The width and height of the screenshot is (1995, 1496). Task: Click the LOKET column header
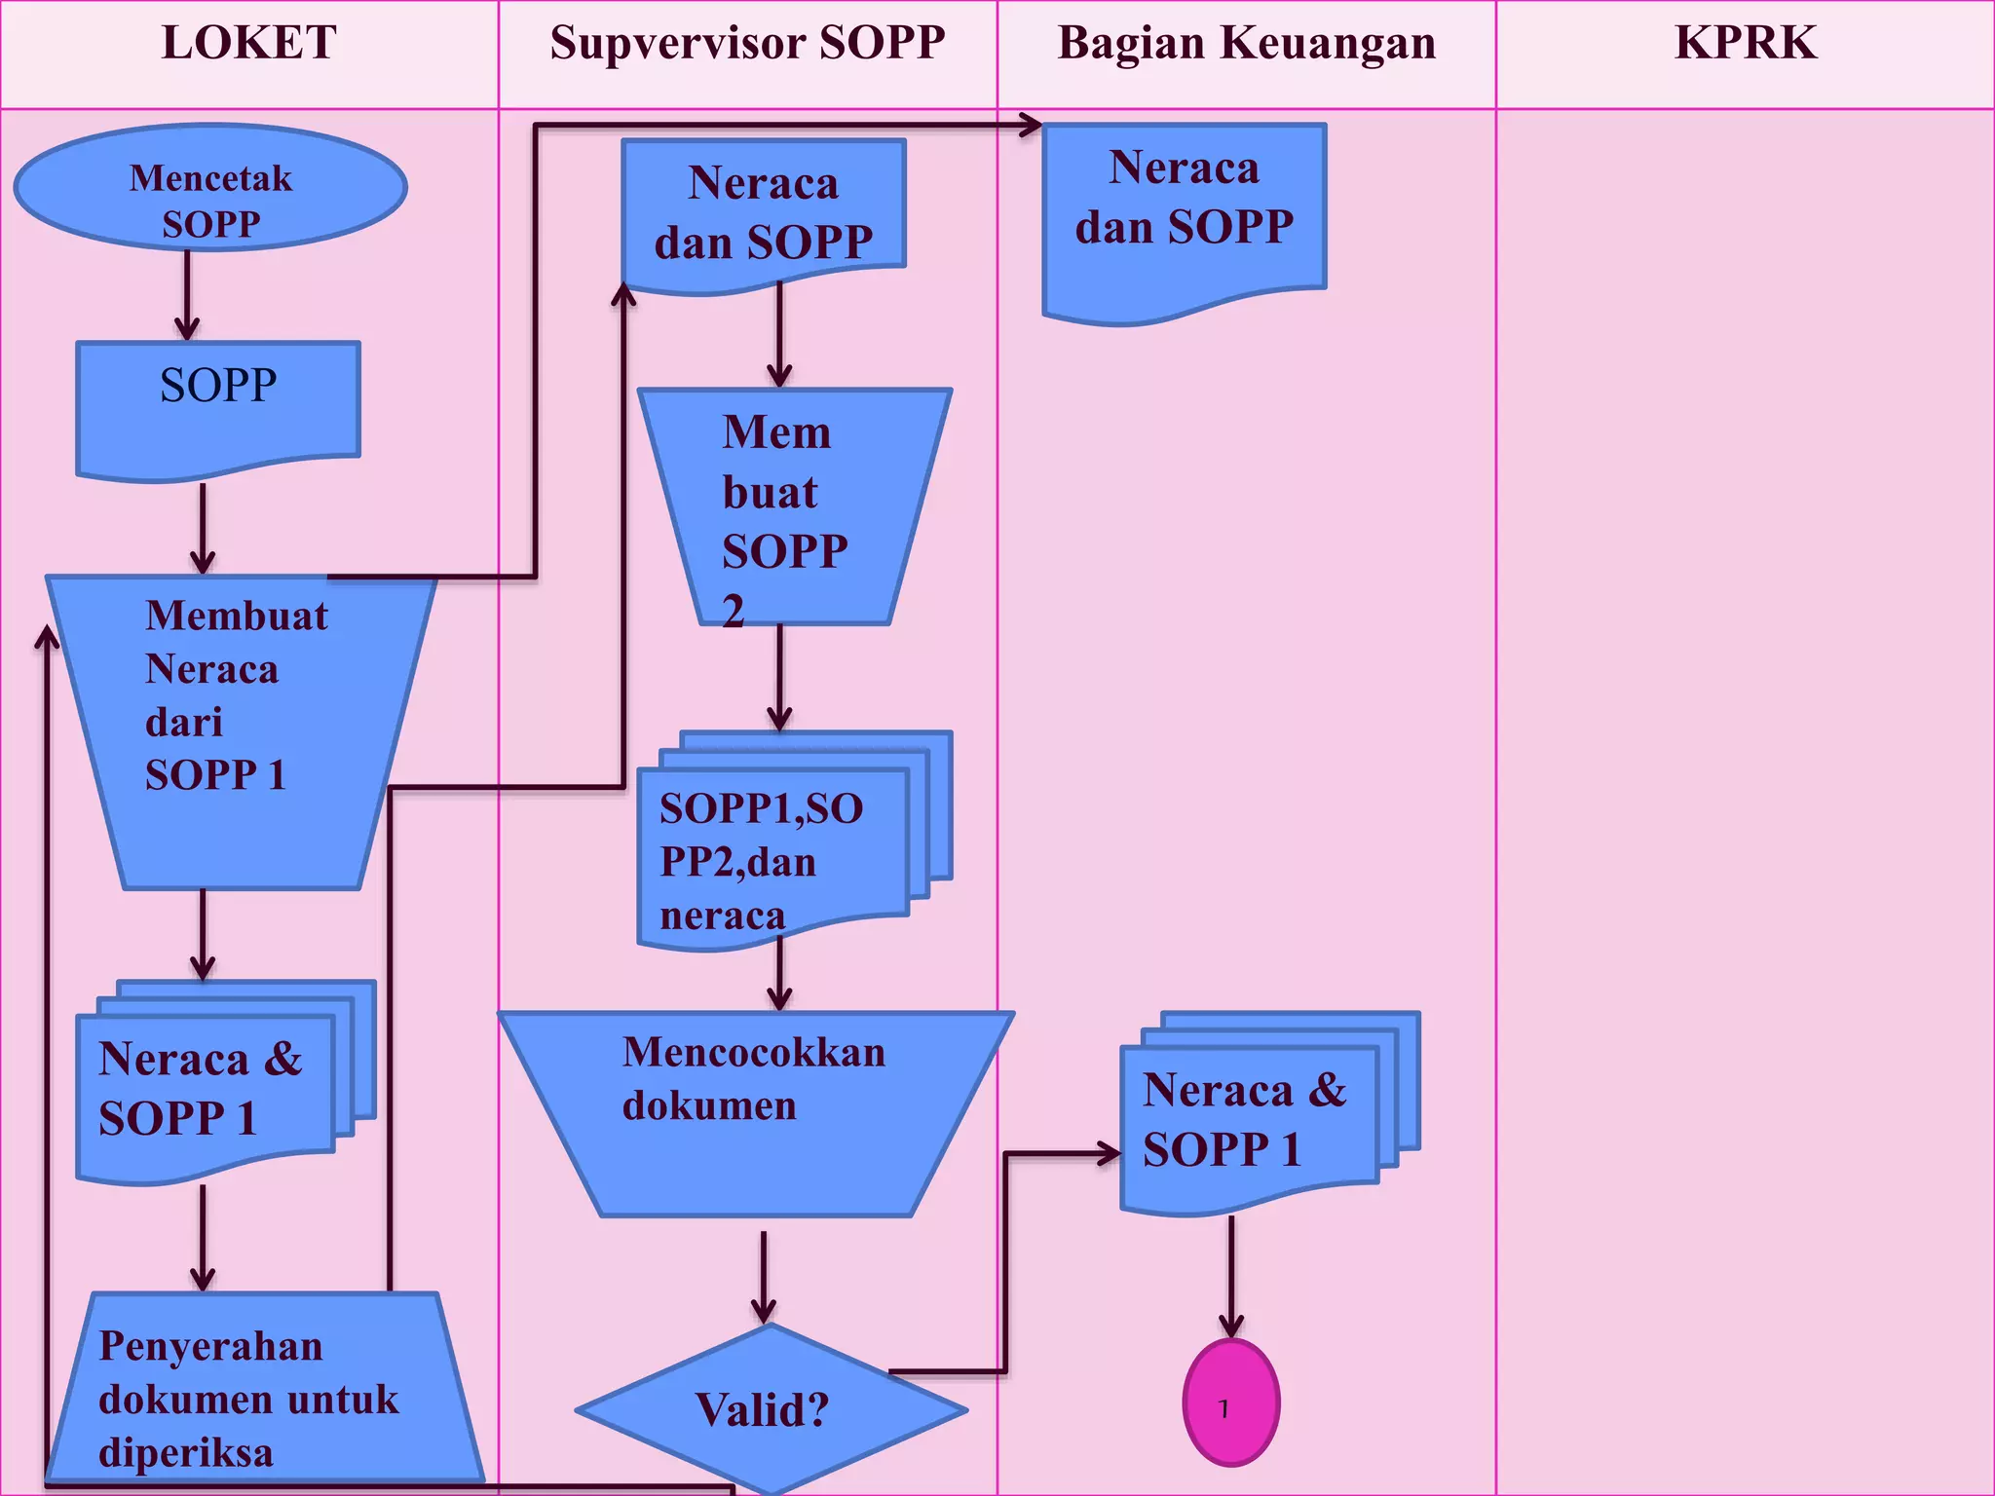click(x=249, y=44)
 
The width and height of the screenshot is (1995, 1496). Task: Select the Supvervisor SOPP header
click(x=747, y=44)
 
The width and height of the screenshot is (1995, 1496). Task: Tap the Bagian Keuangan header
click(x=1247, y=44)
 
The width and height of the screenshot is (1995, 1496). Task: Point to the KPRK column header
click(x=1745, y=44)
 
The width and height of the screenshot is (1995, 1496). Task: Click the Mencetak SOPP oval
click(x=210, y=188)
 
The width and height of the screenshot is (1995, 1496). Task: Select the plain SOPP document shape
click(x=218, y=404)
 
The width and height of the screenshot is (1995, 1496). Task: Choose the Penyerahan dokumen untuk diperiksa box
click(x=263, y=1393)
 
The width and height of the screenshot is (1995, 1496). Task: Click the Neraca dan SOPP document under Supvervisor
click(x=764, y=212)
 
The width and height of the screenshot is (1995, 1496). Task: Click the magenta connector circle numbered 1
click(x=1231, y=1402)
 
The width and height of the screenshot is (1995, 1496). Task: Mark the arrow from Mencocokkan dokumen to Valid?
click(x=764, y=1276)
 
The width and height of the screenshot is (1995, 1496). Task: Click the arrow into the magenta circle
click(x=1231, y=1276)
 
